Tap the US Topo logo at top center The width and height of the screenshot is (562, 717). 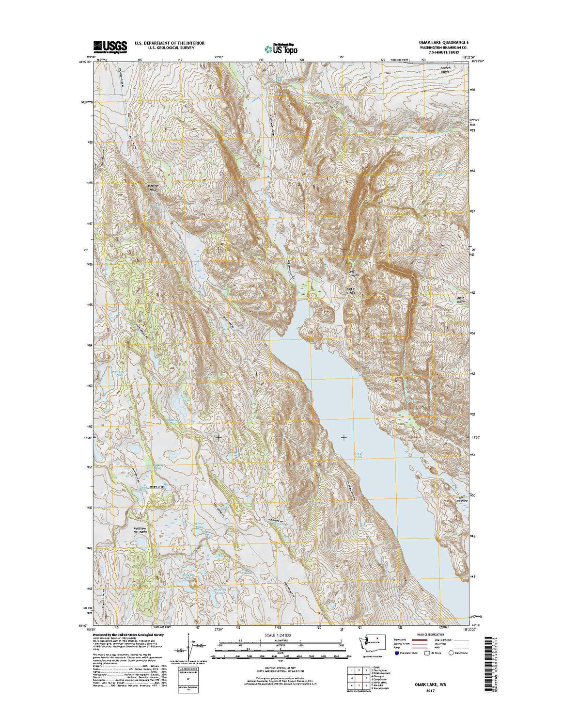(281, 48)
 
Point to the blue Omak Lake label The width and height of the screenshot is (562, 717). (359, 455)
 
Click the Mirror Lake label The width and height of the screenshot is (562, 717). (199, 526)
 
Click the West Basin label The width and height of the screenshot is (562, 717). (460, 300)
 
